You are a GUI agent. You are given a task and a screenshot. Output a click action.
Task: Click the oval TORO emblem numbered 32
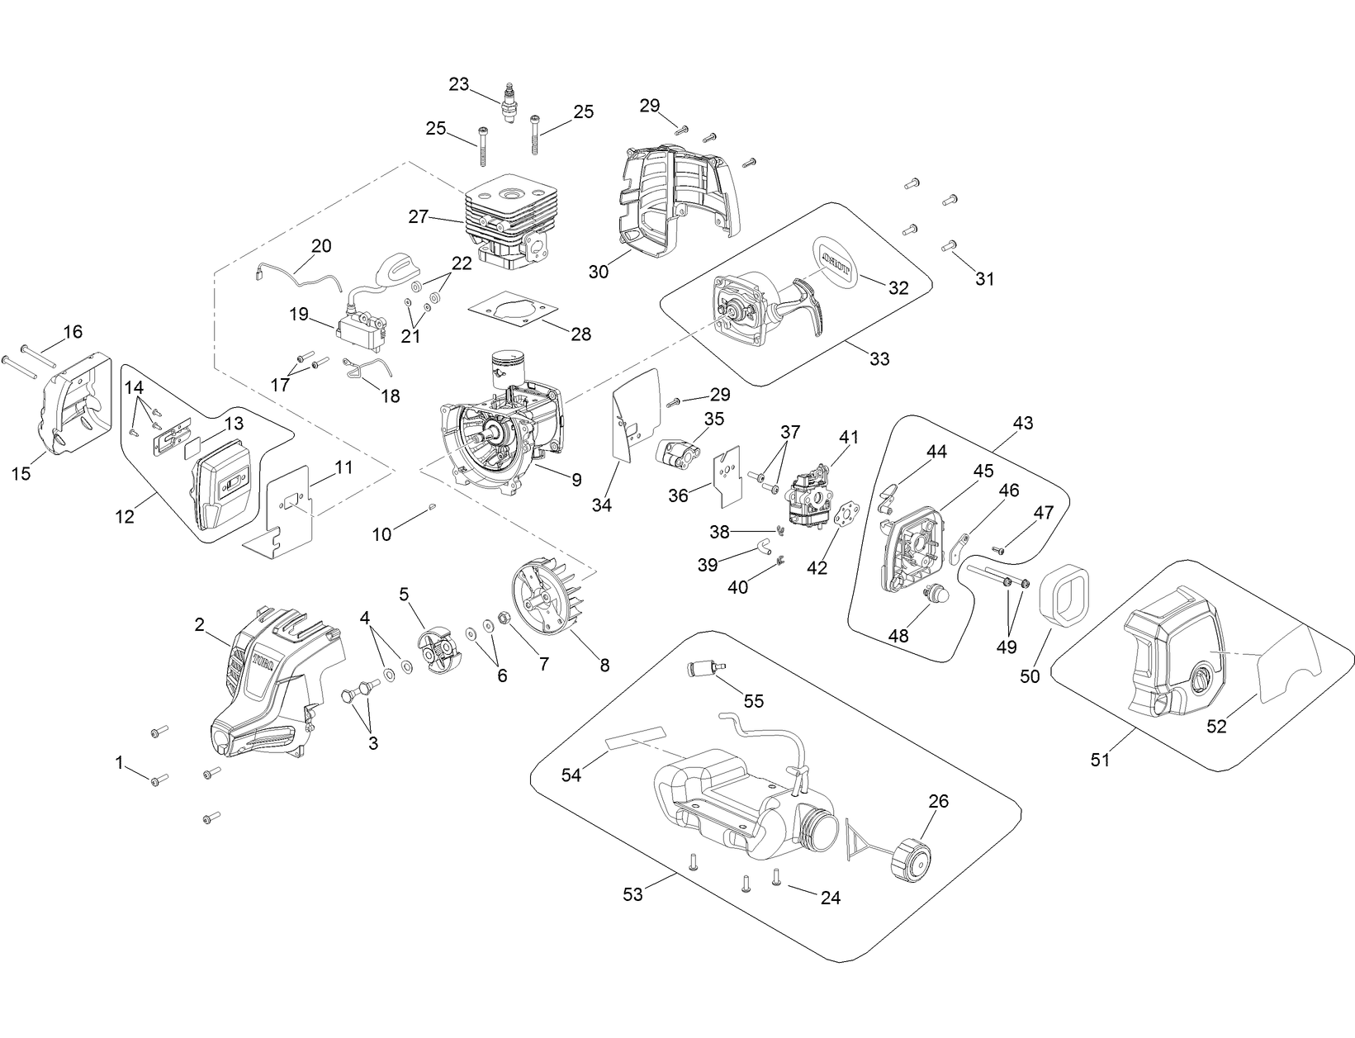pyautogui.click(x=837, y=262)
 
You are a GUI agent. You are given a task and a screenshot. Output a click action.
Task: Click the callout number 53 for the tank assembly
pyautogui.click(x=632, y=894)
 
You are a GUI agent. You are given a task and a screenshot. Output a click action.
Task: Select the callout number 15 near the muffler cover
pyautogui.click(x=21, y=473)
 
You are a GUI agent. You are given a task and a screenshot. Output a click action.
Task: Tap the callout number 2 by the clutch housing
pyautogui.click(x=200, y=625)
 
